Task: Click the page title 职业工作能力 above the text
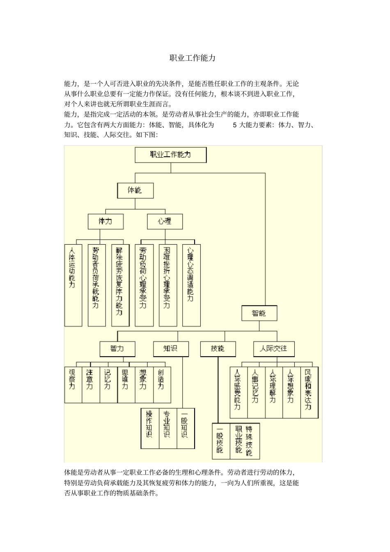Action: (x=193, y=58)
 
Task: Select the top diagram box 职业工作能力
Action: (x=171, y=155)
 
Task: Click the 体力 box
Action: (x=106, y=222)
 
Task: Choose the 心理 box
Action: (x=165, y=222)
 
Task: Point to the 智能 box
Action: (x=259, y=313)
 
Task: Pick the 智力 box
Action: (x=117, y=349)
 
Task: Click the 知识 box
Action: (x=171, y=349)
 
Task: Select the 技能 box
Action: (x=218, y=349)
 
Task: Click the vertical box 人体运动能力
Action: (x=73, y=285)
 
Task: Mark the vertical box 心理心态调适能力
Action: (x=191, y=285)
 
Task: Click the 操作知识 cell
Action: (x=150, y=428)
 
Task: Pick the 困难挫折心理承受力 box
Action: (x=167, y=285)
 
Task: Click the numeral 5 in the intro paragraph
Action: (x=235, y=125)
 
